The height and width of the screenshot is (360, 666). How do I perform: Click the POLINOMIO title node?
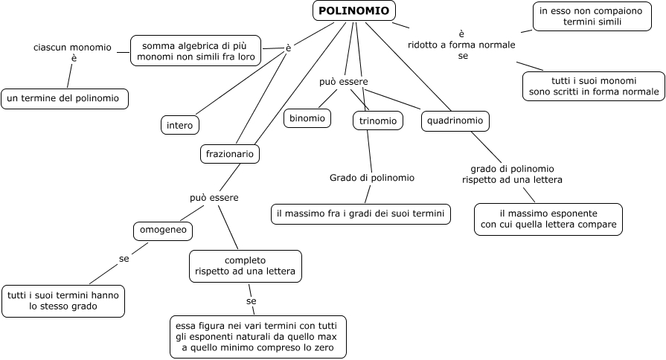point(353,10)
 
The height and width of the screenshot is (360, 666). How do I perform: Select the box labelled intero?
point(180,125)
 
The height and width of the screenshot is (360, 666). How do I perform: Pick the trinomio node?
point(377,120)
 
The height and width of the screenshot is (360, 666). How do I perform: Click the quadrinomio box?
point(455,120)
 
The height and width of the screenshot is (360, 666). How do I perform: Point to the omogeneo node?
point(163,231)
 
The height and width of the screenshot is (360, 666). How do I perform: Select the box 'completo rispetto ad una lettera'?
point(246,266)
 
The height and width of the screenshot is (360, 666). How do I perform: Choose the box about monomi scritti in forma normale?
point(593,86)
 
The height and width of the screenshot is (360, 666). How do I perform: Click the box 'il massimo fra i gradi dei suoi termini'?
point(360,213)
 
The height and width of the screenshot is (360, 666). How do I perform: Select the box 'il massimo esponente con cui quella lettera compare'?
point(548,219)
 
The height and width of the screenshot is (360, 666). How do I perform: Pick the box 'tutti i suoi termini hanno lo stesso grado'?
point(63,300)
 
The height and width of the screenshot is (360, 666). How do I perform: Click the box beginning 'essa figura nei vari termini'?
point(257,338)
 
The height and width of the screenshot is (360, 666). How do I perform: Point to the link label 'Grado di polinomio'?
point(372,178)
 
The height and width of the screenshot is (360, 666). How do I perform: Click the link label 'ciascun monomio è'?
point(73,53)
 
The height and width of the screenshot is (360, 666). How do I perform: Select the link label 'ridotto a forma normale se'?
point(461,45)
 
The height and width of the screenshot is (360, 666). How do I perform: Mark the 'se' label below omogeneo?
point(124,259)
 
